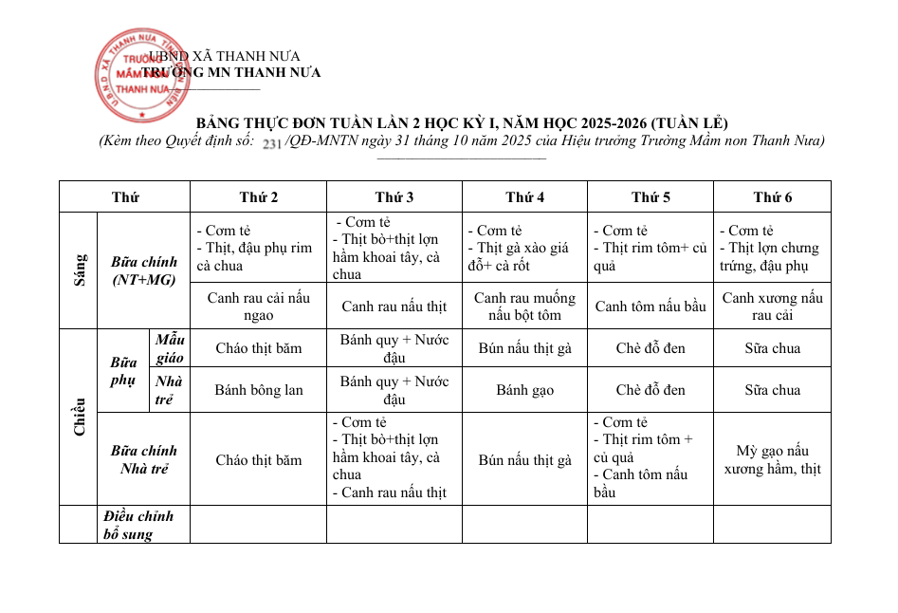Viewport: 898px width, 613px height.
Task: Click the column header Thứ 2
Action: point(258,197)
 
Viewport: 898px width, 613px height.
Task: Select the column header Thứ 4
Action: point(524,197)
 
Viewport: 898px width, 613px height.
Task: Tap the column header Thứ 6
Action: point(772,197)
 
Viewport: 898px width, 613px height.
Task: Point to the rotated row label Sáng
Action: point(79,270)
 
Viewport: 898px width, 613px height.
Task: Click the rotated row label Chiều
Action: point(79,417)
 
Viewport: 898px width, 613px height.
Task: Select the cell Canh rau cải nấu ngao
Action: point(258,306)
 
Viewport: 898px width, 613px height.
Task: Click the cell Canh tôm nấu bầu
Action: point(651,306)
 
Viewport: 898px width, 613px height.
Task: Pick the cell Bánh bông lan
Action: point(258,390)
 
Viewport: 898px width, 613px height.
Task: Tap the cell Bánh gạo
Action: point(524,390)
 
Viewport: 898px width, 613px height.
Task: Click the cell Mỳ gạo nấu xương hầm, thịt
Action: point(772,459)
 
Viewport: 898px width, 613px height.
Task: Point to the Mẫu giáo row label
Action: point(171,348)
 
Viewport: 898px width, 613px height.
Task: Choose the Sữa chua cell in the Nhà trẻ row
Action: point(772,390)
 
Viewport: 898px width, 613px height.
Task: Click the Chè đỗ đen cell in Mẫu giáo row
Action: point(651,348)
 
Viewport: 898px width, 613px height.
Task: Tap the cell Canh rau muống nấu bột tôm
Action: point(524,306)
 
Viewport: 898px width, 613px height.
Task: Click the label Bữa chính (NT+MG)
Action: point(143,270)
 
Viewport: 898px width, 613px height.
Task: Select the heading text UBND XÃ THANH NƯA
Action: point(224,57)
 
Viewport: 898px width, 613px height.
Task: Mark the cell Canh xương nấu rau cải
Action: point(772,306)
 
